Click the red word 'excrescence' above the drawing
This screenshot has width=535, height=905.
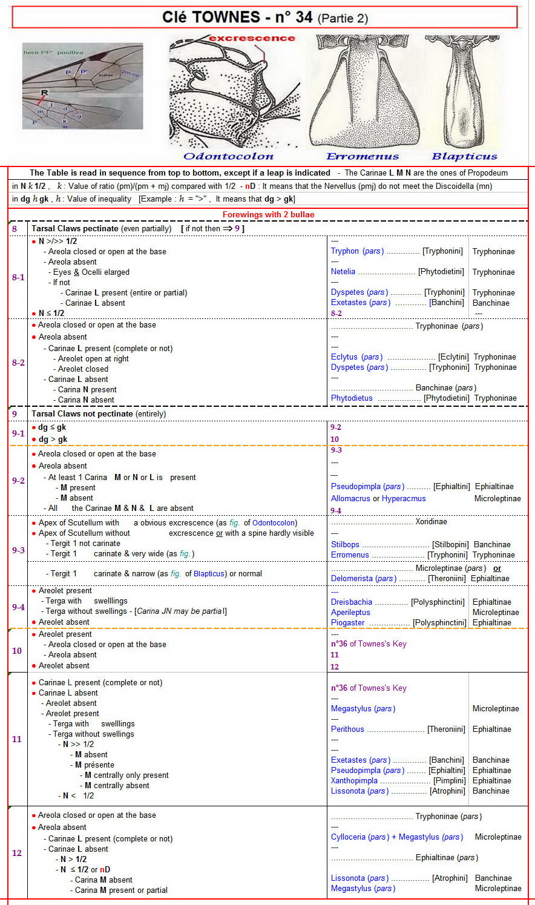coord(252,38)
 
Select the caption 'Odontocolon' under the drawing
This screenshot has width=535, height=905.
coord(228,156)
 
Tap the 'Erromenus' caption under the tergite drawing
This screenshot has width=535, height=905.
coord(363,156)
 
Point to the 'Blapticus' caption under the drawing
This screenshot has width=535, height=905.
coord(464,156)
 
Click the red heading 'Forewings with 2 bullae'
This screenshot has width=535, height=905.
coord(268,215)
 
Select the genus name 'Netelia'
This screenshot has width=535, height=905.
coord(343,272)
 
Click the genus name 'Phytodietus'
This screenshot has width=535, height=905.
coord(352,398)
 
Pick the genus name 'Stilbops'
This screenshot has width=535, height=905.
coord(345,545)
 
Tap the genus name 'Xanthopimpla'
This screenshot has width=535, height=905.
coord(354,781)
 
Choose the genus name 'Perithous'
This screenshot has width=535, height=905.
coord(347,729)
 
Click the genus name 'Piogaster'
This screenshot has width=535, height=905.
coord(347,623)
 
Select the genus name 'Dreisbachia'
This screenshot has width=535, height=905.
coord(352,602)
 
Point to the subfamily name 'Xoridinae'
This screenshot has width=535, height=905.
coord(431,522)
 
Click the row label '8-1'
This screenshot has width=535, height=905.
coord(18,277)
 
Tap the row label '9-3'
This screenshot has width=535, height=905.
coord(18,550)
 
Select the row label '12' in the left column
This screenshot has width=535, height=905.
coord(17,853)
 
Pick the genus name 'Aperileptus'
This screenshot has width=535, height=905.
coord(350,613)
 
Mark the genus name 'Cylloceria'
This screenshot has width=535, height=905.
coord(348,837)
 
